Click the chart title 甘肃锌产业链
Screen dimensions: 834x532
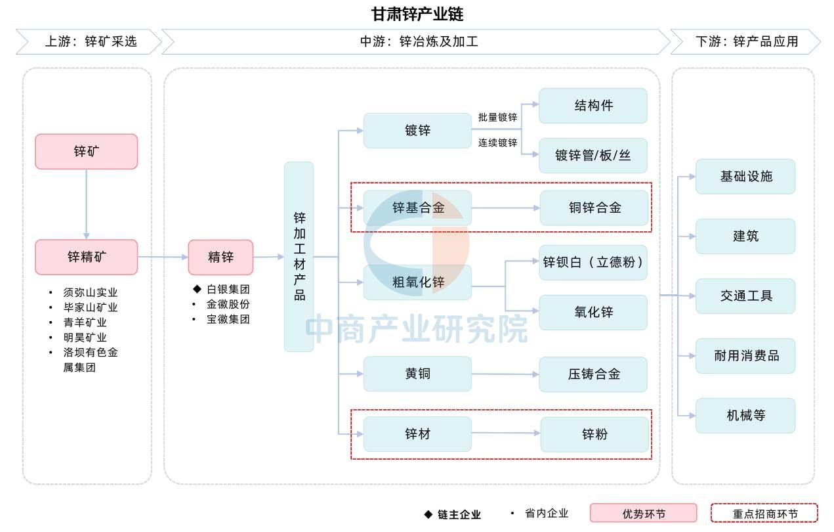pos(417,14)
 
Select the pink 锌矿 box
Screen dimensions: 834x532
pos(87,152)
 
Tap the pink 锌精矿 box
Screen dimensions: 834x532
pos(87,257)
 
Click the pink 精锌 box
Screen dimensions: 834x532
pos(220,257)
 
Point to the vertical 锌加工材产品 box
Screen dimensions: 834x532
pos(299,257)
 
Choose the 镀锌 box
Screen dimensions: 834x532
pos(417,131)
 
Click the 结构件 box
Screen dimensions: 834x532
pos(593,106)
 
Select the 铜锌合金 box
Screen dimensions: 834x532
pos(594,208)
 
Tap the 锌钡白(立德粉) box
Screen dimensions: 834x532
pos(593,262)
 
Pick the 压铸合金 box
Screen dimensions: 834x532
pos(593,374)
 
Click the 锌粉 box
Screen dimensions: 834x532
pos(594,434)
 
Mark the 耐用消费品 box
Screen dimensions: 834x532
pos(746,356)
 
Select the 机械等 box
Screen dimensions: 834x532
pos(746,415)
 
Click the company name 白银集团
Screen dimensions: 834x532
pos(228,289)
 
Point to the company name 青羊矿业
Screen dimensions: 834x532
pos(85,322)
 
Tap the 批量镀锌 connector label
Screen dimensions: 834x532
pos(497,118)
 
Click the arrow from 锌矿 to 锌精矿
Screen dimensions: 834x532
pos(87,204)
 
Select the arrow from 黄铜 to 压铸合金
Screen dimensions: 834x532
pos(505,374)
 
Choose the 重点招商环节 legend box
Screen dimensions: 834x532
pos(764,514)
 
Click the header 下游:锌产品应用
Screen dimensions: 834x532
pos(747,41)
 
